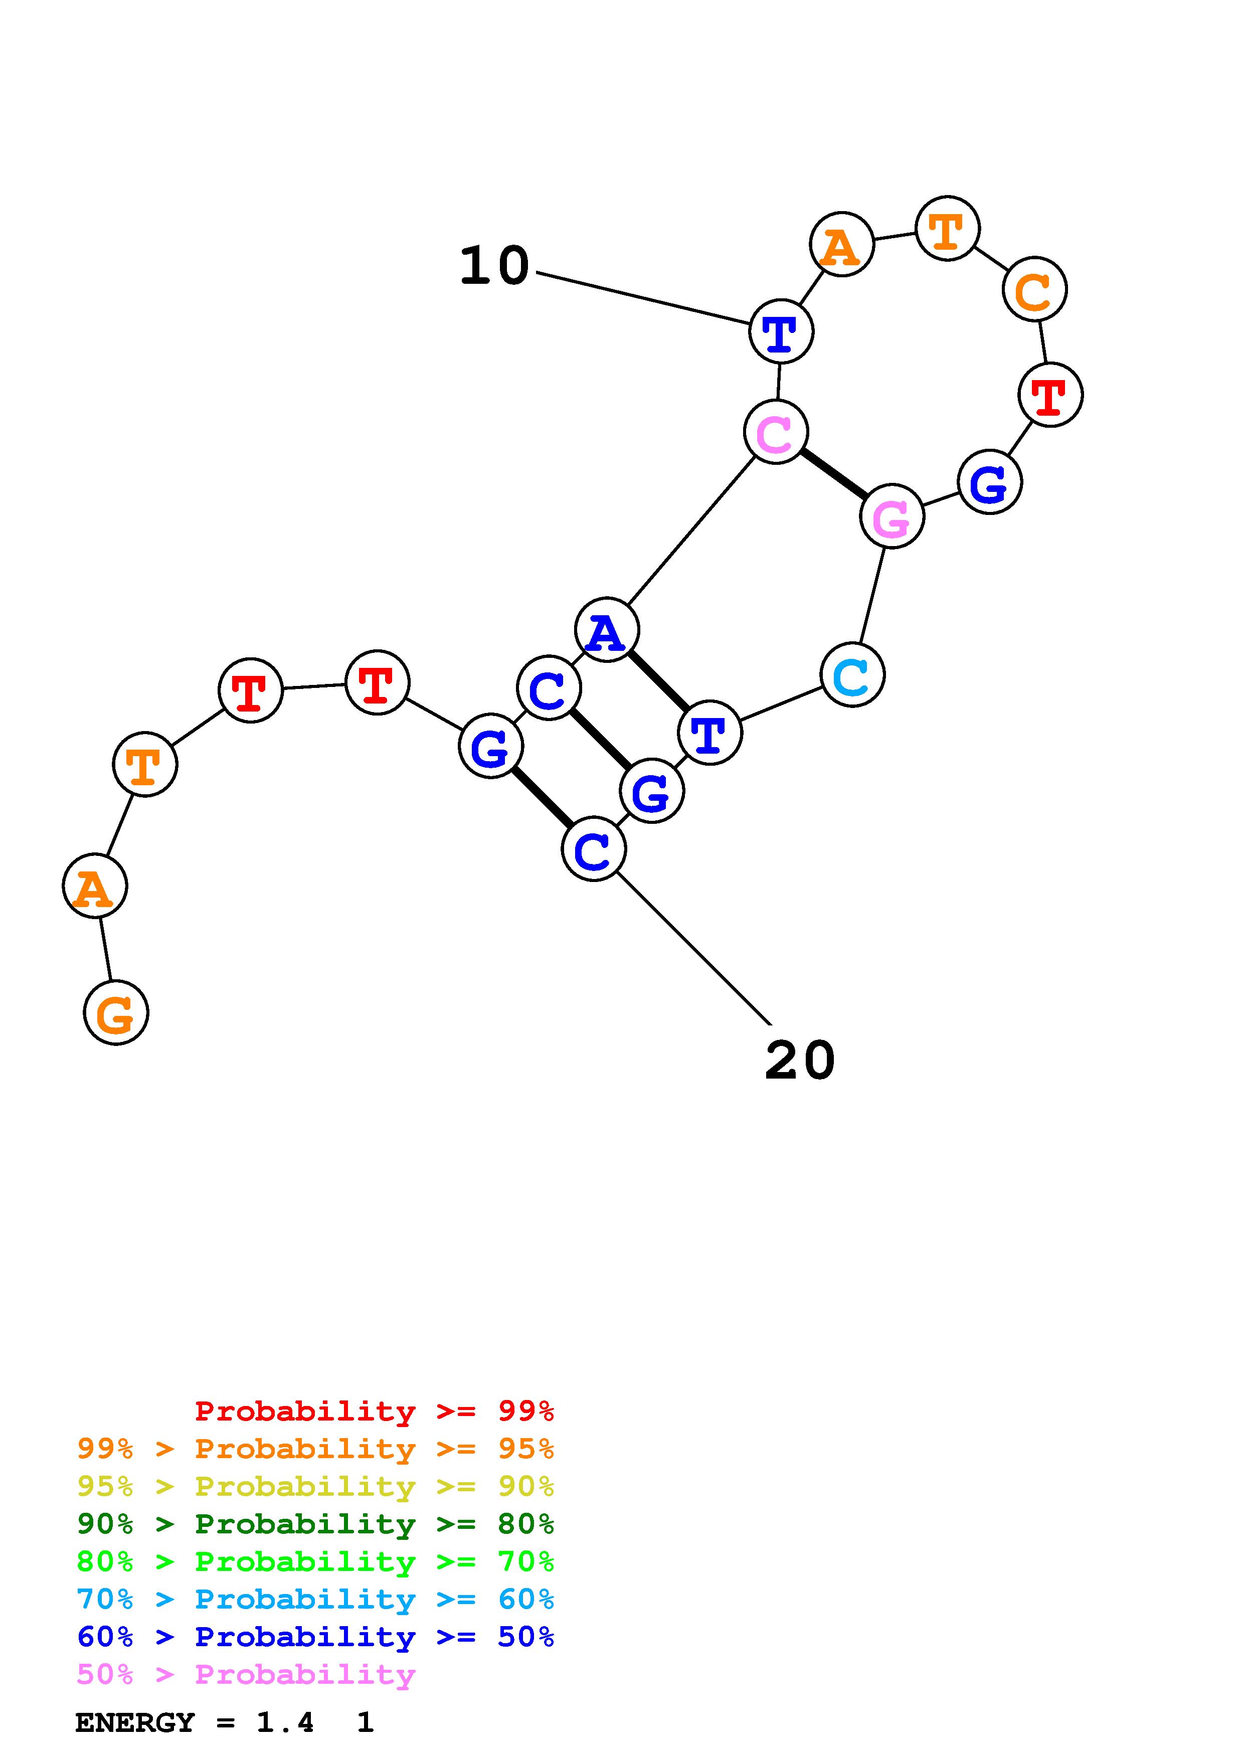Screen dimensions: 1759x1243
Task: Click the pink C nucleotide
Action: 776,432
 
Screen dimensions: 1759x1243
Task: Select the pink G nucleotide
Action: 892,516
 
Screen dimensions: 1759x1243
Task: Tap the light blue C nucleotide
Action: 852,675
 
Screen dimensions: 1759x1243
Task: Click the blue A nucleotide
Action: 607,630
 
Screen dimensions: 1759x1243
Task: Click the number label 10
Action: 494,266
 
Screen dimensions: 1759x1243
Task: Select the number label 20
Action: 800,1061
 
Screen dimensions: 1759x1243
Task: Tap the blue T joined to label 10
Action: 780,332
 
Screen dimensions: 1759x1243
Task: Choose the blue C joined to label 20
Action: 594,849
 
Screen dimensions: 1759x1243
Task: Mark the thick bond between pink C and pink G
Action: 834,474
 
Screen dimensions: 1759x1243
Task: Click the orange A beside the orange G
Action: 95,886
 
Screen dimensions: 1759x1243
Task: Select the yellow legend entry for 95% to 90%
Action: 315,1486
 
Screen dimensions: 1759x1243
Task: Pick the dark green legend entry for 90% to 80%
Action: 315,1524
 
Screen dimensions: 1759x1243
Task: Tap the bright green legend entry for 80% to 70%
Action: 315,1561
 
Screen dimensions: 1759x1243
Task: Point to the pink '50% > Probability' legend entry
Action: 246,1674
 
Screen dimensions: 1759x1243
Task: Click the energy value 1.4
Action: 285,1722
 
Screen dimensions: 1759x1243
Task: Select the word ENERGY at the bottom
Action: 135,1722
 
